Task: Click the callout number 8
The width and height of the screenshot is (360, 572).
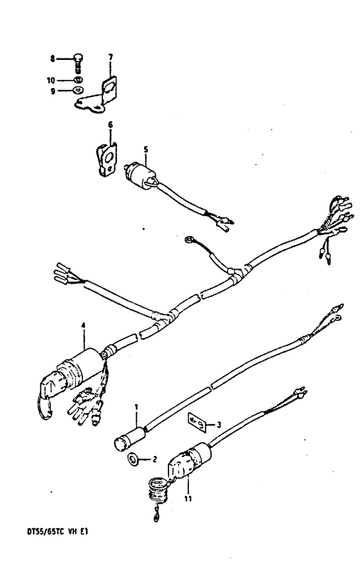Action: (x=53, y=59)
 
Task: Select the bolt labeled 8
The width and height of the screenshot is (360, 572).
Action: (x=78, y=63)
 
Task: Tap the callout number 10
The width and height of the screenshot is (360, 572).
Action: (x=51, y=80)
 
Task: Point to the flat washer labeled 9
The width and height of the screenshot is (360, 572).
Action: (x=78, y=89)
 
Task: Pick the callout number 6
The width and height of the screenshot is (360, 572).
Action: (x=110, y=125)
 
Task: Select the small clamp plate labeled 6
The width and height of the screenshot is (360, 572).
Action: (x=107, y=160)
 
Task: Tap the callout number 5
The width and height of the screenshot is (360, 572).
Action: (x=146, y=149)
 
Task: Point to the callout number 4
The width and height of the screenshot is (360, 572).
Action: (x=84, y=325)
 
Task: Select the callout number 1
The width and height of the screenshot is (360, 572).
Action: (x=136, y=406)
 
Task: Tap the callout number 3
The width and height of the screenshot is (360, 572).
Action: (x=219, y=424)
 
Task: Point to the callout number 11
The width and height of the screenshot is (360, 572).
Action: (x=188, y=499)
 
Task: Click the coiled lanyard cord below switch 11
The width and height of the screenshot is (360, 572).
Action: (x=157, y=492)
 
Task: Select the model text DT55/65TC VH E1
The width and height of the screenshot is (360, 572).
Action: (x=57, y=531)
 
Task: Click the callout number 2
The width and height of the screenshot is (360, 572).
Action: (x=154, y=459)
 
